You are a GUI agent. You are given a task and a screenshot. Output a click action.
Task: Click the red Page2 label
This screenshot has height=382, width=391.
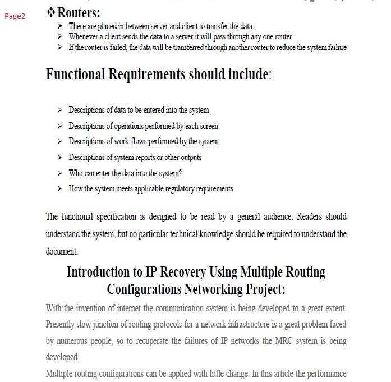click(15, 16)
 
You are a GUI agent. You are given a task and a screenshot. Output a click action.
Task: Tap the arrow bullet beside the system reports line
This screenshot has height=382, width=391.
click(60, 158)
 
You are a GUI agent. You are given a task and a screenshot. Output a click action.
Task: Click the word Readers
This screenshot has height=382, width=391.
click(309, 217)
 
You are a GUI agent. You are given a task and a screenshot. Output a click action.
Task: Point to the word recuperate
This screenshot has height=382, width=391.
click(153, 341)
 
